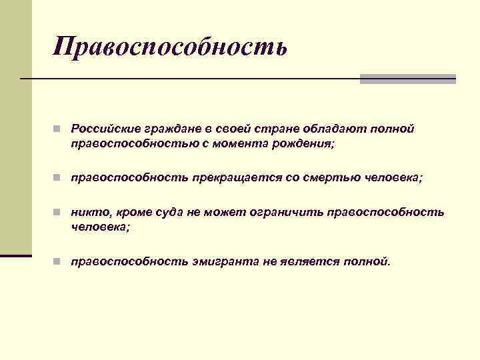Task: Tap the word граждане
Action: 165,128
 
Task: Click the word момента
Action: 225,143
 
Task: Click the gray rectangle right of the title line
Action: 407,79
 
